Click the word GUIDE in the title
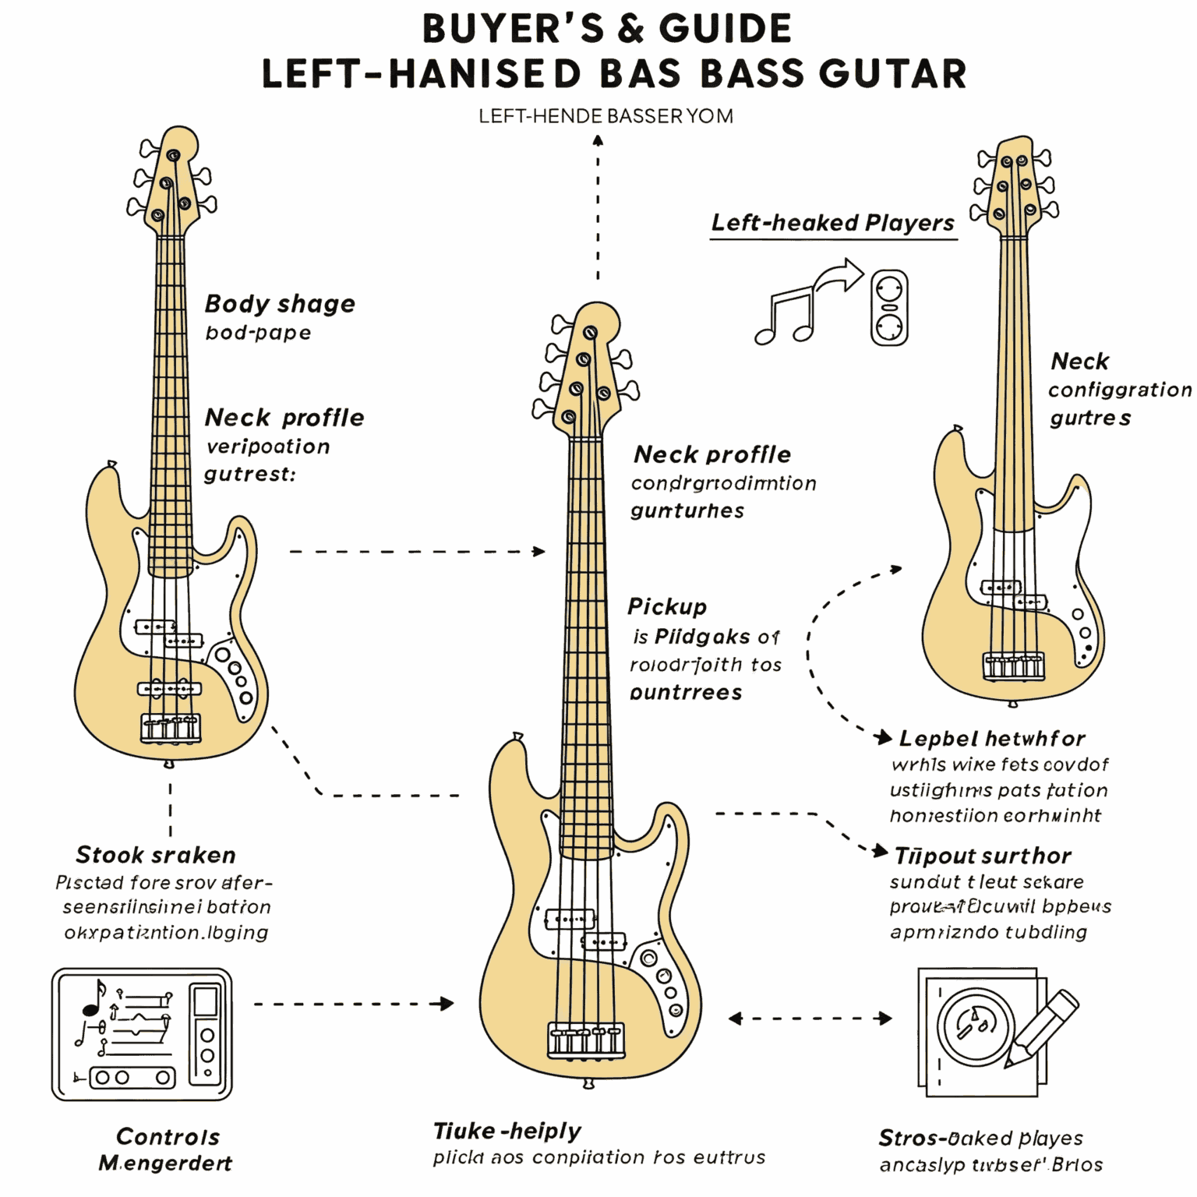coord(725,30)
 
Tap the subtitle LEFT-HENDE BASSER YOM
coord(606,117)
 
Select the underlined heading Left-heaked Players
coord(832,223)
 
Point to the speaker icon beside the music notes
coord(889,308)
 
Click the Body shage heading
coord(280,303)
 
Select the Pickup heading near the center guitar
coord(667,606)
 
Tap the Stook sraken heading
coord(156,855)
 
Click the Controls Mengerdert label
coord(167,1149)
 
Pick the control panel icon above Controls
coord(142,1034)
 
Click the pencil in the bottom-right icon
coord(1043,1027)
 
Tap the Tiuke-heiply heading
coord(507,1131)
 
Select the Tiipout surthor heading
coord(983,856)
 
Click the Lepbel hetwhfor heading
coord(991,738)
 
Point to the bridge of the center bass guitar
coord(587,1041)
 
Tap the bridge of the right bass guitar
coord(1013,666)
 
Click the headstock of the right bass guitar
coord(1015,183)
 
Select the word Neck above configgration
coord(1079,361)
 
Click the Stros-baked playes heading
coord(980,1138)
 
